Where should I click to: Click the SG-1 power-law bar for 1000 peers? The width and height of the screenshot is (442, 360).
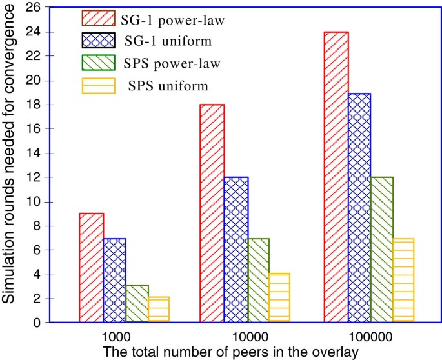[x=92, y=268]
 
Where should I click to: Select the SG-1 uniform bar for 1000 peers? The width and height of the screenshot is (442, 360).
[x=114, y=280]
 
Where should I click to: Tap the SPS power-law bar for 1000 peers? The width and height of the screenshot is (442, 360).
[x=136, y=303]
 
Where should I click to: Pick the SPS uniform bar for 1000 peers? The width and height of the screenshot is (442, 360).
[x=158, y=310]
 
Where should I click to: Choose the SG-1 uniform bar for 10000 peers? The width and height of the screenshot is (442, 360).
[x=236, y=250]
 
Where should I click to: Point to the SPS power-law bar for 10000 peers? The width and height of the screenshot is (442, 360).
[x=258, y=280]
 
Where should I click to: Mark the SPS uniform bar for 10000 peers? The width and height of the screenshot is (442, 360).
[x=279, y=298]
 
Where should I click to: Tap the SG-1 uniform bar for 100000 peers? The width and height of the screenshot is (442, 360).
[x=358, y=208]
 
